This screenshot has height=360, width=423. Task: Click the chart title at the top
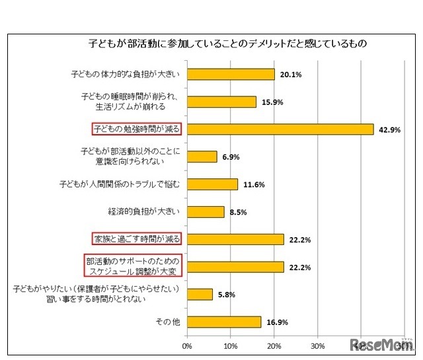228,44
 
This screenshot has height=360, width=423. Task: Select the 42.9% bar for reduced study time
280,129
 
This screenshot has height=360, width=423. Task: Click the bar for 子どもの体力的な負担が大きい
231,74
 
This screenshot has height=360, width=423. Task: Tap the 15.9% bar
221,102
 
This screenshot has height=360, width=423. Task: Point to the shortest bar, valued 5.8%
200,294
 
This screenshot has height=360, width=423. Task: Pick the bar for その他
224,322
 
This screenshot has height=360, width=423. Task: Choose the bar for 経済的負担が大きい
206,211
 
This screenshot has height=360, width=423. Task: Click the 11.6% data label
254,184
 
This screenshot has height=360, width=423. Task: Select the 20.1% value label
291,75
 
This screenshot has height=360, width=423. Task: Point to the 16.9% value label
277,322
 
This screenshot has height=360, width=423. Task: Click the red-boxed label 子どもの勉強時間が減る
135,129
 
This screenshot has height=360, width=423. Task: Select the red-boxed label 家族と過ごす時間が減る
135,238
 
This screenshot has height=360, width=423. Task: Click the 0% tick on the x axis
187,345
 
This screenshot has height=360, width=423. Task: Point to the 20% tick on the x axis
274,345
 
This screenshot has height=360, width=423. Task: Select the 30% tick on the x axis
317,345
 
